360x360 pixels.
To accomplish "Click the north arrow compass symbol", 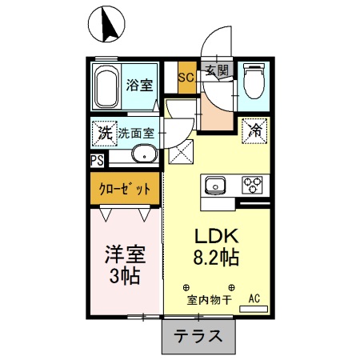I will pyautogui.click(x=105, y=23).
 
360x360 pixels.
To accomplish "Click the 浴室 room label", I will pyautogui.click(x=140, y=86).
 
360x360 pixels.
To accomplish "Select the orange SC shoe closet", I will pyautogui.click(x=186, y=78).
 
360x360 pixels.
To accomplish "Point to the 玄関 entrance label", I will pyautogui.click(x=216, y=70).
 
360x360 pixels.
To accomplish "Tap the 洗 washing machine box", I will pyautogui.click(x=104, y=133).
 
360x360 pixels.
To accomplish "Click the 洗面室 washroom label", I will pyautogui.click(x=137, y=133).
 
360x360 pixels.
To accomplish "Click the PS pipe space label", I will pyautogui.click(x=96, y=160).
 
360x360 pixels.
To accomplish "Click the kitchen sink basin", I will pyautogui.click(x=215, y=187).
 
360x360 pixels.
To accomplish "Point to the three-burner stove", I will pyautogui.click(x=253, y=186).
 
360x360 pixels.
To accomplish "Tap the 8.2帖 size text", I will pyautogui.click(x=214, y=258).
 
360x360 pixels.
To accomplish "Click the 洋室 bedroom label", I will pyautogui.click(x=124, y=256).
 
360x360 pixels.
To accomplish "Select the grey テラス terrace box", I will pyautogui.click(x=199, y=336).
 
